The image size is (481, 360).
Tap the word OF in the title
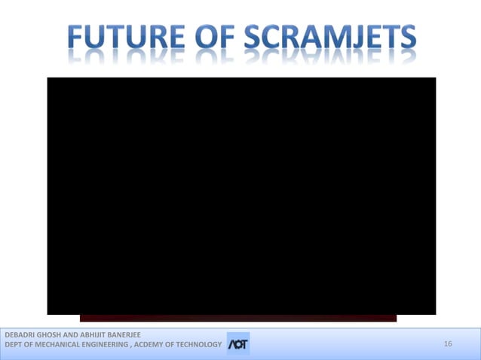tap(214, 37)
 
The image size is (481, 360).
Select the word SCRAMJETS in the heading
tap(331, 37)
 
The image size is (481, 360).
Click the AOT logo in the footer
tap(237, 344)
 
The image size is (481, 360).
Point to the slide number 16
tap(448, 344)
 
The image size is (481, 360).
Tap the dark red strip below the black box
tap(238, 319)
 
